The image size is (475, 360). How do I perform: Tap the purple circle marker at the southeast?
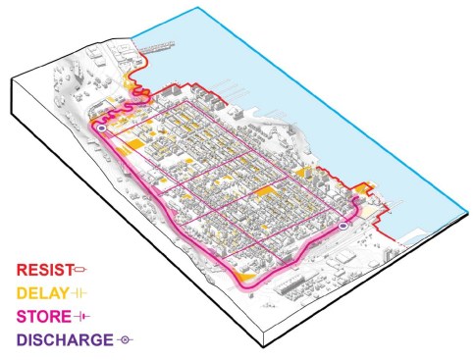[x=343, y=227]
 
